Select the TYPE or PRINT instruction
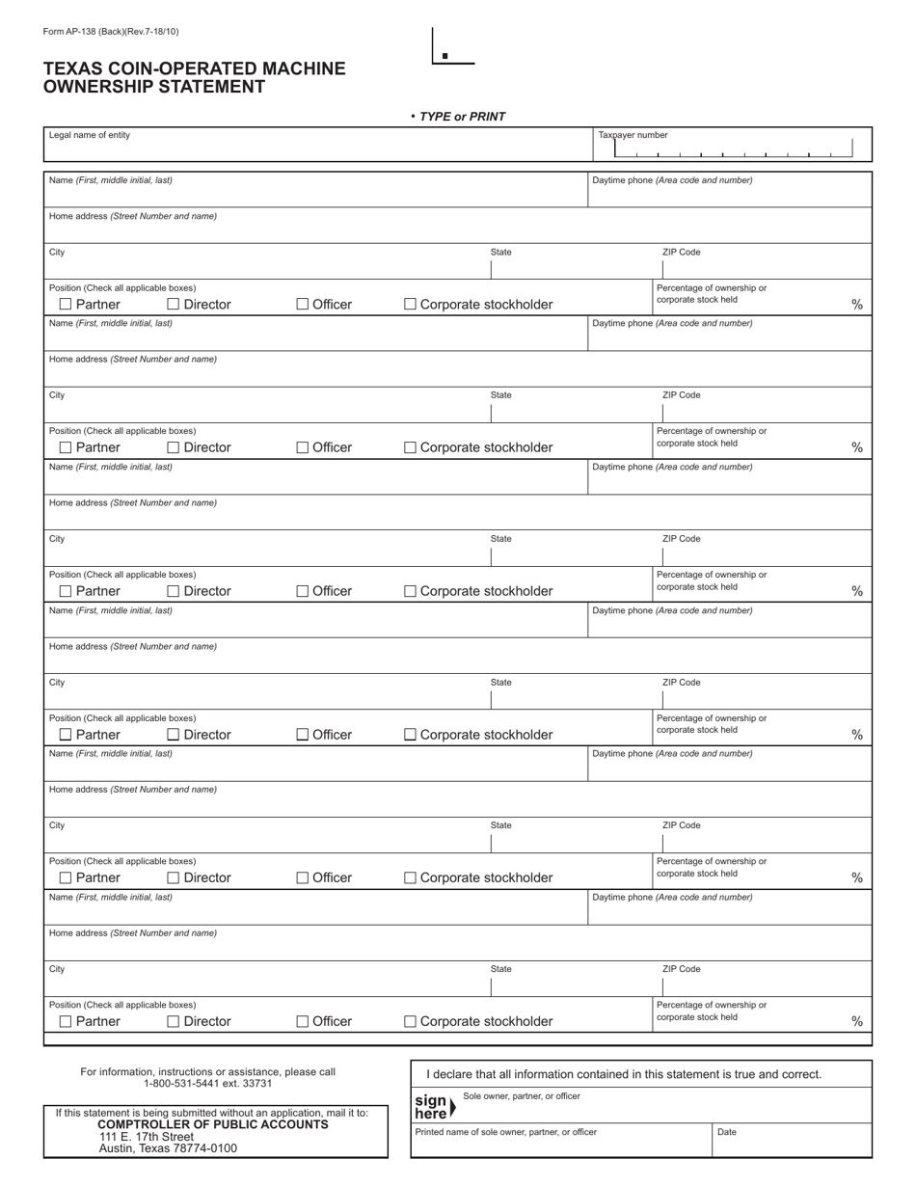click(x=462, y=117)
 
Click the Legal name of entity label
click(x=90, y=135)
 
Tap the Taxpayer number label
click(x=633, y=135)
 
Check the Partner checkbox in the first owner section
click(x=66, y=305)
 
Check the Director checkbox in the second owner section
click(x=174, y=447)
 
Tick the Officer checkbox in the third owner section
click(x=303, y=591)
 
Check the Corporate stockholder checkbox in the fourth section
click(x=410, y=735)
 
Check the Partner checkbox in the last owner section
click(x=66, y=1021)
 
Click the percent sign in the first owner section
click(x=857, y=305)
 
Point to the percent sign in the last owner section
click(x=857, y=1021)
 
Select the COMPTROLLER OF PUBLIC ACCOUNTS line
click(x=212, y=1124)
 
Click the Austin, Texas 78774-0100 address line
click(x=168, y=1148)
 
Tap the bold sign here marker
click(x=431, y=1107)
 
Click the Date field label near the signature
click(x=727, y=1132)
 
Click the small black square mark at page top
click(x=445, y=56)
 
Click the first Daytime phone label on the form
click(x=672, y=180)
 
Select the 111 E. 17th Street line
click(x=147, y=1137)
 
